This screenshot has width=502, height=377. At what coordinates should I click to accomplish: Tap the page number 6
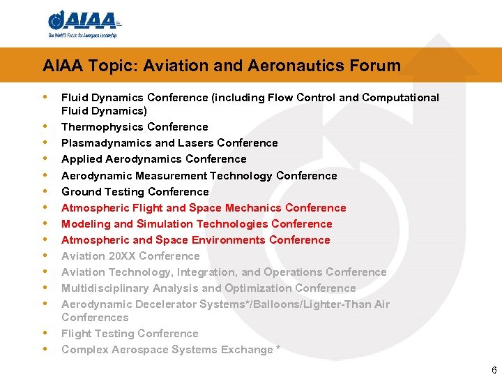[x=494, y=370]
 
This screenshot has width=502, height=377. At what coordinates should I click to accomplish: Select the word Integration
[x=209, y=272]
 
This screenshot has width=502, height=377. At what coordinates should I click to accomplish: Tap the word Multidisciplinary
[x=104, y=288]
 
